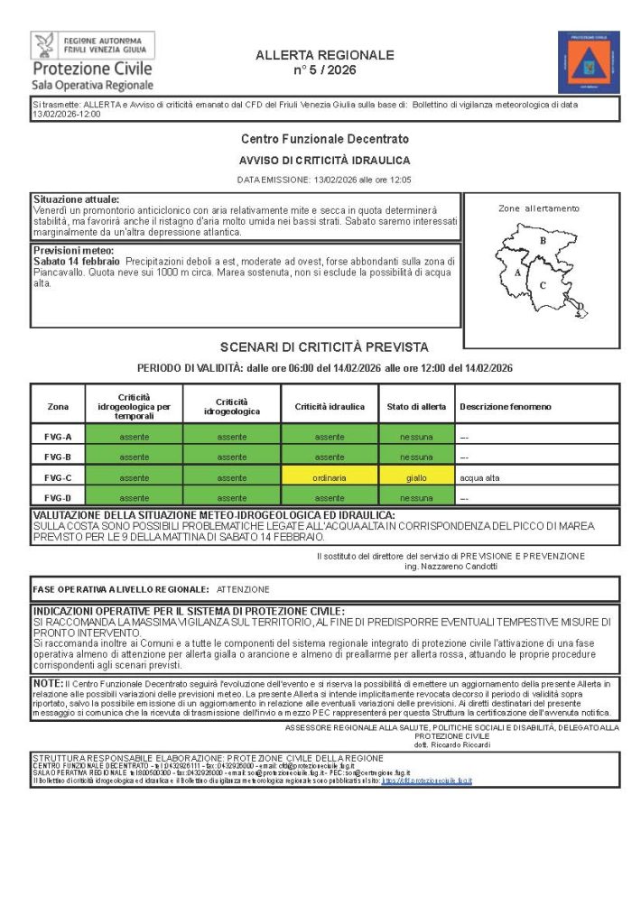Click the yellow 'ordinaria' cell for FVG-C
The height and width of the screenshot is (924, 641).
330,477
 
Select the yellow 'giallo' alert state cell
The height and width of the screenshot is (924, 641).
416,477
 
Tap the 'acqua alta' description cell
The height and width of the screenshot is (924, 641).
478,477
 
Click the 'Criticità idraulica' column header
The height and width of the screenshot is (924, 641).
330,407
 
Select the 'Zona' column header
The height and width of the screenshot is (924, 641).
58,407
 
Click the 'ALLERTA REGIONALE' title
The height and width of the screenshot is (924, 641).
325,55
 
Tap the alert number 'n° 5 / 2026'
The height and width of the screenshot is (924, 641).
325,70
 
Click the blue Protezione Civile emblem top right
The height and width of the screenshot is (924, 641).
589,62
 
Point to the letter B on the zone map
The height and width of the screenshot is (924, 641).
543,241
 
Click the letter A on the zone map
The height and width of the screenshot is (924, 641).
517,272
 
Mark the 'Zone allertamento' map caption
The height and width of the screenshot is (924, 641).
539,208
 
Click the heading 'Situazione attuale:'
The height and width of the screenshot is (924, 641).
76,199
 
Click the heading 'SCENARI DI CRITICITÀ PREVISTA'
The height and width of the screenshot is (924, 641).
324,347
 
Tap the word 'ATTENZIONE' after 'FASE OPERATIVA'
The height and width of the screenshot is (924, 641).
243,589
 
